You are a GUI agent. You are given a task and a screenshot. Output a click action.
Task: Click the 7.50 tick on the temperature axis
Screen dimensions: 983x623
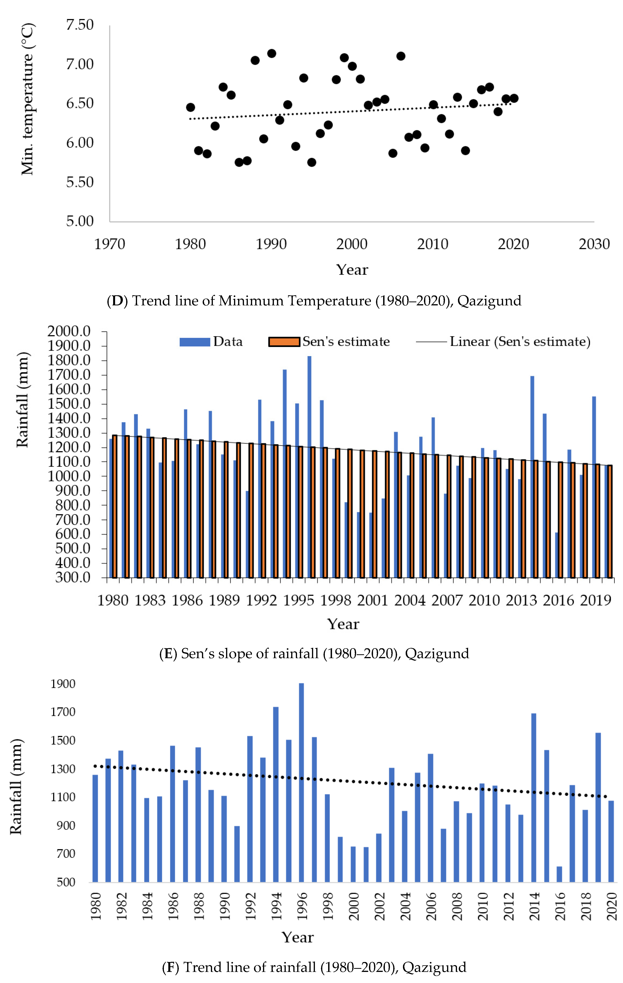[80, 25]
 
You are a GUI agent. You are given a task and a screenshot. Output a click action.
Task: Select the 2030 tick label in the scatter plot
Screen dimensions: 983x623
[594, 244]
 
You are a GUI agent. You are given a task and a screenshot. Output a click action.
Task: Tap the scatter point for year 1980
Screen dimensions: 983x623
[190, 107]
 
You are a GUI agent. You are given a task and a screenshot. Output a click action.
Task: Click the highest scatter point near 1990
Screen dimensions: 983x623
[272, 53]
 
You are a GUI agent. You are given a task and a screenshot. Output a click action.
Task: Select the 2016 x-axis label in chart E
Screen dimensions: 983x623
[558, 600]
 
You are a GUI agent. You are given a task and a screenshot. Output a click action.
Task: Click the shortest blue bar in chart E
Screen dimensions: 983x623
[557, 555]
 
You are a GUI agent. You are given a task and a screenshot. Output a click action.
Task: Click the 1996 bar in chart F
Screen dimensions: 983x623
[301, 784]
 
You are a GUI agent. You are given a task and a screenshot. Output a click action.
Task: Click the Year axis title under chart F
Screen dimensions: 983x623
[298, 937]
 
